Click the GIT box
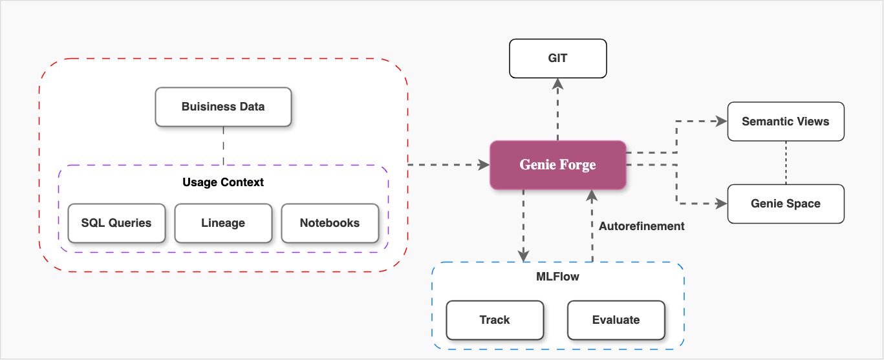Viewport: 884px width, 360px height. click(x=557, y=58)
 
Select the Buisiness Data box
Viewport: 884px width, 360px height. click(x=223, y=107)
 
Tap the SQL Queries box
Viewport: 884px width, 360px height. click(x=116, y=223)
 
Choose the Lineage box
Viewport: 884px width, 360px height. click(x=223, y=223)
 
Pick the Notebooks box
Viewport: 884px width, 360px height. click(x=330, y=223)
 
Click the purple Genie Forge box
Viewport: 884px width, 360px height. click(x=557, y=165)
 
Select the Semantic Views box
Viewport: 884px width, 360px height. click(x=786, y=122)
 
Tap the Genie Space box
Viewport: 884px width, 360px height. click(x=786, y=204)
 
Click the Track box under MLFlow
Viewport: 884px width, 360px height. click(x=495, y=320)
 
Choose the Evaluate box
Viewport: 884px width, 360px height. click(x=616, y=320)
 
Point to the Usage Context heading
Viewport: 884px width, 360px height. click(x=223, y=182)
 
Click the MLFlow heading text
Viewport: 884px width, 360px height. click(x=557, y=277)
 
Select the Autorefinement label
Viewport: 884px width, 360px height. click(x=641, y=226)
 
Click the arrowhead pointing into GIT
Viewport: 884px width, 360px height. click(x=557, y=83)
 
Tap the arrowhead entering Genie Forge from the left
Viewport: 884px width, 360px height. click(x=484, y=165)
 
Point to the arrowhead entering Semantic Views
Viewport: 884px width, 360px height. click(x=722, y=121)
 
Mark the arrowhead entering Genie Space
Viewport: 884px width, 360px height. click(x=722, y=204)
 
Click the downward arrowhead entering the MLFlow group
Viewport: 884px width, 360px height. click(x=523, y=256)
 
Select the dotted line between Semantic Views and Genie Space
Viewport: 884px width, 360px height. click(x=786, y=162)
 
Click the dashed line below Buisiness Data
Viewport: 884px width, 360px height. click(x=223, y=146)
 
